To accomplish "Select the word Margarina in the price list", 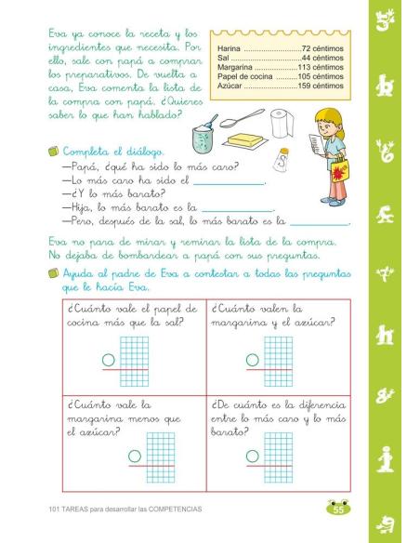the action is click(x=234, y=67).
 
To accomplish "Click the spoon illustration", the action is click(x=244, y=119).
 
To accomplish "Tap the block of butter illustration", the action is click(x=244, y=140).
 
